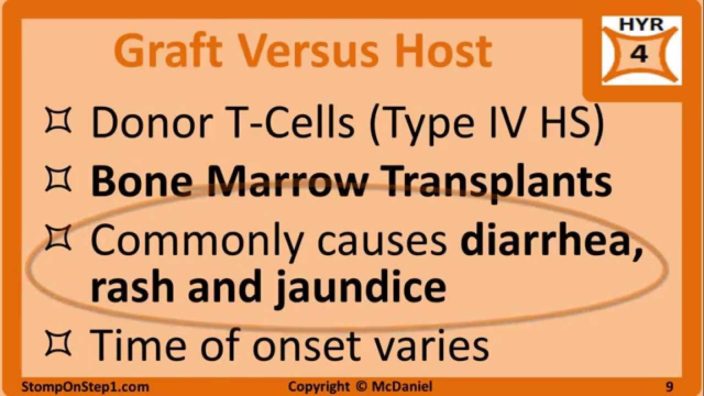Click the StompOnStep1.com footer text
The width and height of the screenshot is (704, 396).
pos(85,387)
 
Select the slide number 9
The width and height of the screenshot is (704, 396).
pos(669,387)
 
